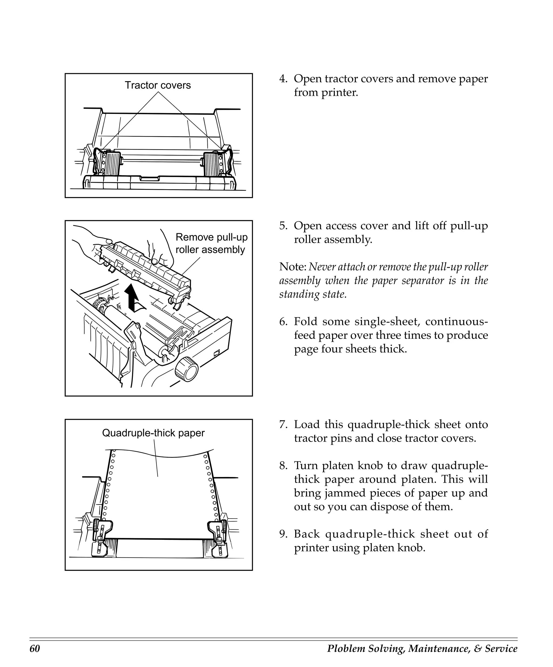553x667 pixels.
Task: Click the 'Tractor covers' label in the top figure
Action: coord(157,85)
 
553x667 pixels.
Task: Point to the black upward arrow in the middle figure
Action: coord(131,297)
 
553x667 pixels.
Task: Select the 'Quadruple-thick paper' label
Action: coord(153,433)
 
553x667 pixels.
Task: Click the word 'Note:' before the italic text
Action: coord(292,267)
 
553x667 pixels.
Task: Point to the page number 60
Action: coord(35,648)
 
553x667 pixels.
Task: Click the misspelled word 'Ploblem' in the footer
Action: coord(346,648)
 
